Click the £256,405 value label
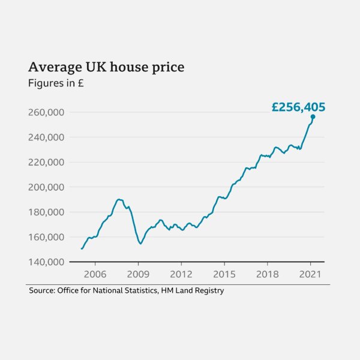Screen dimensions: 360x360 point(298,107)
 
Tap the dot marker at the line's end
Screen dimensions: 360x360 point(313,116)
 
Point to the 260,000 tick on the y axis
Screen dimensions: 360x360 point(47,112)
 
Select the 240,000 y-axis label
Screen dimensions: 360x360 point(47,137)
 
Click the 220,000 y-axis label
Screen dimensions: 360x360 point(47,162)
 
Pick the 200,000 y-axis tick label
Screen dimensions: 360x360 point(47,187)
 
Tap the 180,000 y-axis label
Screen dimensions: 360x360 point(47,212)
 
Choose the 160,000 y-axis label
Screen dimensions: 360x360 point(47,237)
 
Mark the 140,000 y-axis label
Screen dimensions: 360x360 point(47,262)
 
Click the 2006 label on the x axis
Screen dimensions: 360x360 point(94,274)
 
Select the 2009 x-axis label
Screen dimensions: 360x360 point(138,274)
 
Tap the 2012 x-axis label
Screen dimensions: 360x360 point(181,274)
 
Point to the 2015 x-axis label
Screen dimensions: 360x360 point(224,274)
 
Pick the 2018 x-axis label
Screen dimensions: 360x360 point(268,274)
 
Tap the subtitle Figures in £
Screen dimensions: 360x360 point(56,83)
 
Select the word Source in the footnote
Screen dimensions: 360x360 point(41,291)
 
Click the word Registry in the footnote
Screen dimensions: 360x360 point(208,291)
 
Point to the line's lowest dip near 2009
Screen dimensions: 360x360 point(140,243)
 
